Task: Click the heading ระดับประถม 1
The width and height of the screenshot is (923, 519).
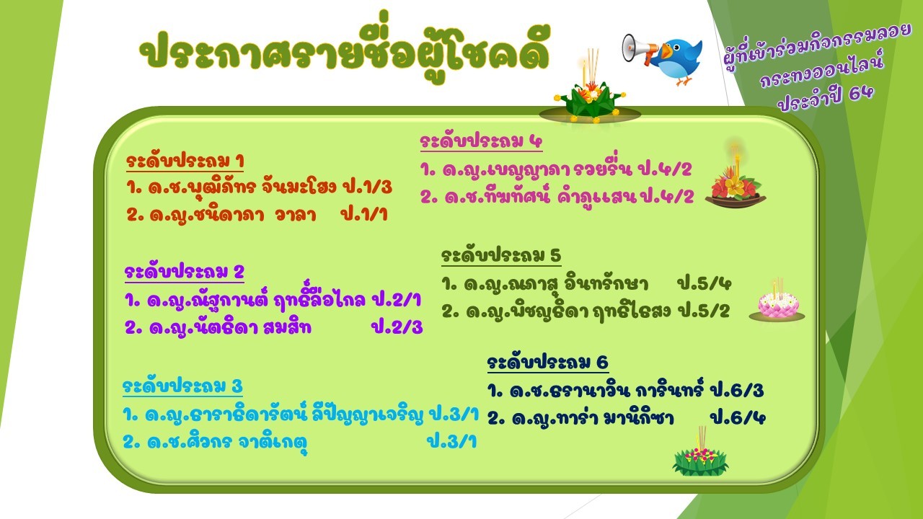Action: [x=185, y=161]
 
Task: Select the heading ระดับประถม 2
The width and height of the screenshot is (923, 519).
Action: [x=184, y=272]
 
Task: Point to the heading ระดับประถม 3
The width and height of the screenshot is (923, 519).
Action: [x=182, y=386]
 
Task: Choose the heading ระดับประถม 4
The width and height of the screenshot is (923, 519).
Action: [x=481, y=141]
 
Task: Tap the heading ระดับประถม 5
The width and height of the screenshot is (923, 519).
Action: [x=501, y=255]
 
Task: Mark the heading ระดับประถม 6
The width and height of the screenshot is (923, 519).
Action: [x=547, y=363]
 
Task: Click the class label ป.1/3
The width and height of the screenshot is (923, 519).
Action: [x=367, y=187]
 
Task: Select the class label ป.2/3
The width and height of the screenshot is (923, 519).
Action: [x=397, y=327]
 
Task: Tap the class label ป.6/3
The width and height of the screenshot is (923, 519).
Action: [x=738, y=390]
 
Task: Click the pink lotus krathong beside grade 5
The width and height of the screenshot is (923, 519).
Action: [x=777, y=302]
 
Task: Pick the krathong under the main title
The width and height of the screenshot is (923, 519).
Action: [x=590, y=94]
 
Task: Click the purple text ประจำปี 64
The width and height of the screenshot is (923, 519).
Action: [x=826, y=98]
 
